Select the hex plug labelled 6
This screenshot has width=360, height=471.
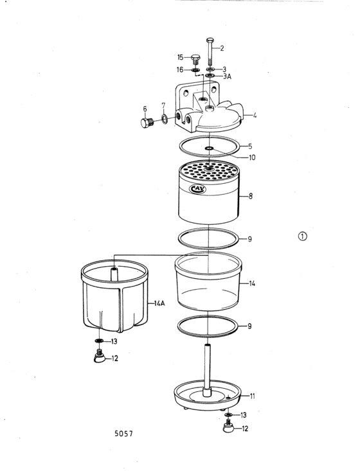point(147,122)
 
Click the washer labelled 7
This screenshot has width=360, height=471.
point(165,119)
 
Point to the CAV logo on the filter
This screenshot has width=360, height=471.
point(198,189)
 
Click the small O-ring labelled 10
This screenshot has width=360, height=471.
point(209,148)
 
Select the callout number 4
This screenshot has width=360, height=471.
point(255,116)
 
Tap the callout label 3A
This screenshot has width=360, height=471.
point(228,76)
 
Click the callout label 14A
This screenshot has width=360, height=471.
point(159,303)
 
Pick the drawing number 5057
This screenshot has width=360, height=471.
point(123,434)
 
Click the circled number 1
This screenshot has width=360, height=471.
point(303,236)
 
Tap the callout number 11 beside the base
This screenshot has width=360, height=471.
point(253,396)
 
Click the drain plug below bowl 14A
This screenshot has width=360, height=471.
point(99,357)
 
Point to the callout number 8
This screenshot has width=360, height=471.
point(250,196)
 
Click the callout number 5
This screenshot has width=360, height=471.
point(250,147)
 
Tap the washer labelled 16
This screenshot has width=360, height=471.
point(196,71)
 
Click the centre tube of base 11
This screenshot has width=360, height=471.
point(208,370)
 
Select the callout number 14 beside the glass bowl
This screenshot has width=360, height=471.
point(252,283)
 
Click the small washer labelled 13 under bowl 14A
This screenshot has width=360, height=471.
point(99,341)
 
